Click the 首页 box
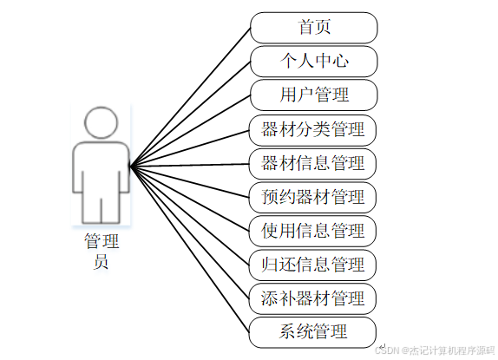point(314,28)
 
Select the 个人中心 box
point(314,62)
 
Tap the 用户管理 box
point(314,95)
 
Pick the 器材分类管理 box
point(312,130)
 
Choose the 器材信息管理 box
point(312,164)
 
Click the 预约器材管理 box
point(312,198)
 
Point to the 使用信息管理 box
point(312,231)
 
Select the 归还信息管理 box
point(312,265)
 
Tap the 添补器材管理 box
point(312,298)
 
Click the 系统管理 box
point(312,332)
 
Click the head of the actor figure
point(101,123)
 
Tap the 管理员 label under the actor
point(102,251)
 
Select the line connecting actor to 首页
point(190,97)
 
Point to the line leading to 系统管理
point(190,249)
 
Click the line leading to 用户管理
point(190,130)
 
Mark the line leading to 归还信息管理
point(190,215)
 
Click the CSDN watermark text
point(435,350)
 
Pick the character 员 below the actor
point(101,262)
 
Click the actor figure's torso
point(101,167)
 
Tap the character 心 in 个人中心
point(340,61)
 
